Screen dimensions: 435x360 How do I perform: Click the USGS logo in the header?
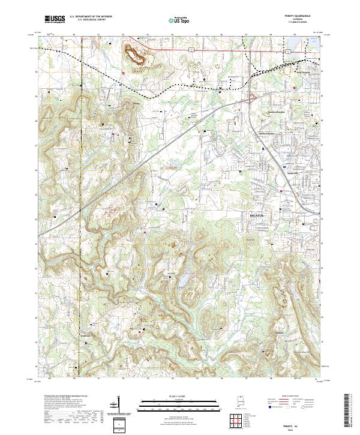click(x=55, y=20)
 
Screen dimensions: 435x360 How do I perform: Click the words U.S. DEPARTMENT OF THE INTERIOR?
click(x=91, y=17)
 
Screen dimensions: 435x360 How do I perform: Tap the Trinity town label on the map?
click(x=135, y=103)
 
